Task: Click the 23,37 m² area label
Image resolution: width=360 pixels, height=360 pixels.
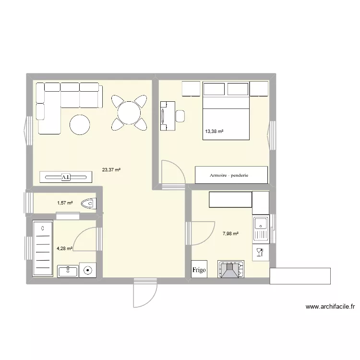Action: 111,169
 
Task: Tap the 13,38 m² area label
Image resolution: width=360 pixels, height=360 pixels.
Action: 214,131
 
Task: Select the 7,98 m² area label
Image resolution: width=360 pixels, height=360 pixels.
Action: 230,234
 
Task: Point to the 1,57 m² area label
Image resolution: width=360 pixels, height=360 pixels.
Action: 65,203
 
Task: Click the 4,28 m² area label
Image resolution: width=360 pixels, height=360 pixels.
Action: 64,249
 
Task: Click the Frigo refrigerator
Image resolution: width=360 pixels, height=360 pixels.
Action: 199,270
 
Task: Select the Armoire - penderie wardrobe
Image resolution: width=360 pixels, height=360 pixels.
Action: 231,175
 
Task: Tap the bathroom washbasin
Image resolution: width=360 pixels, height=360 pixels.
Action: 68,271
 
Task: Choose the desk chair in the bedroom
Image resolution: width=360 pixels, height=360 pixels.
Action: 180,116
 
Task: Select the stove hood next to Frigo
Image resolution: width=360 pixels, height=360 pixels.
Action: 231,269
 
